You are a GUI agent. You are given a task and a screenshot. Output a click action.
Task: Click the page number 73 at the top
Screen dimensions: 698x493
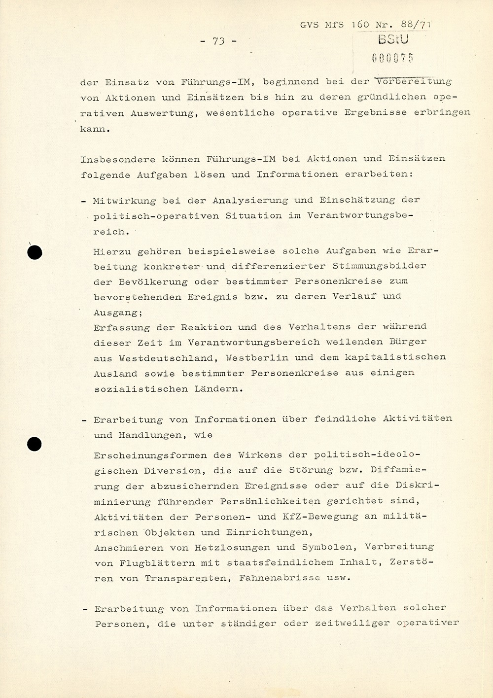(218, 41)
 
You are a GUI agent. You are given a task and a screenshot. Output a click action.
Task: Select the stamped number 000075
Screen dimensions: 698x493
(392, 58)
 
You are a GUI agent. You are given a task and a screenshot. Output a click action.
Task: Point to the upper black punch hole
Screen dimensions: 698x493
(35, 253)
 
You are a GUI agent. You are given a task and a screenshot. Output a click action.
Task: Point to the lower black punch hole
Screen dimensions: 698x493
(35, 444)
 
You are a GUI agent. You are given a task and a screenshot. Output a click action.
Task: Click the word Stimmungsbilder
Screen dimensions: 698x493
(379, 266)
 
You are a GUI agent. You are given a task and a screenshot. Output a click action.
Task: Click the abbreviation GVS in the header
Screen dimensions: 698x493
(309, 25)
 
